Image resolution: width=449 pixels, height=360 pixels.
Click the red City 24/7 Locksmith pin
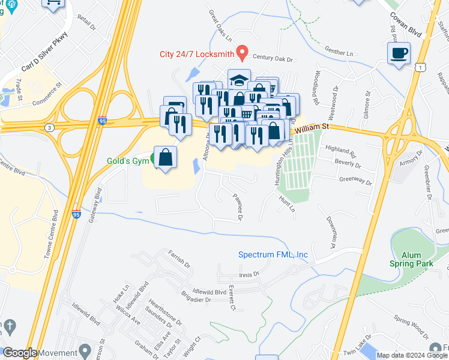(x=243, y=52)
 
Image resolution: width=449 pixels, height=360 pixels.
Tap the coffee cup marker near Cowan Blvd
(x=399, y=54)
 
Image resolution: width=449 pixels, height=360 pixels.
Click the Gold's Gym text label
(x=127, y=161)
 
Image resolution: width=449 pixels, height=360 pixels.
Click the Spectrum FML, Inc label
(x=273, y=254)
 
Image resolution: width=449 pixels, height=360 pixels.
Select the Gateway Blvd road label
(x=95, y=205)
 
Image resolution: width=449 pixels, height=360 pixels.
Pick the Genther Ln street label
(x=339, y=53)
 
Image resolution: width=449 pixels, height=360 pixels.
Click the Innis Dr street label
(x=248, y=274)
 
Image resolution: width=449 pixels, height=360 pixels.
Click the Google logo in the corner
(x=20, y=353)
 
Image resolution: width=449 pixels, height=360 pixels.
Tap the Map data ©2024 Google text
(x=412, y=355)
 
